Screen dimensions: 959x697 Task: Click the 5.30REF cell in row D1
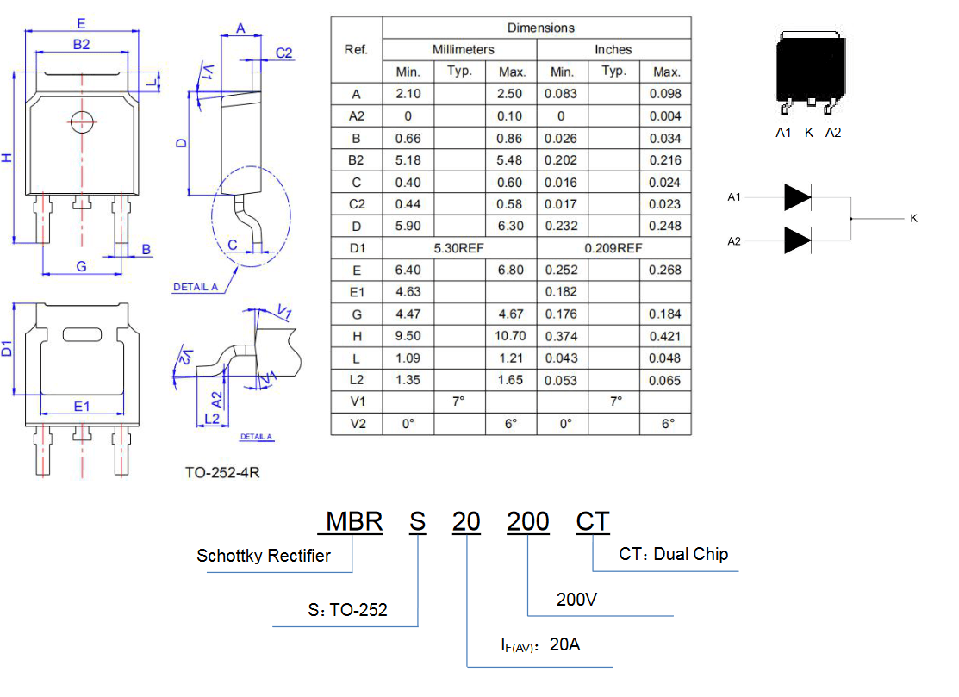tap(458, 248)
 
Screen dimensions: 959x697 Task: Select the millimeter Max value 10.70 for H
tap(510, 336)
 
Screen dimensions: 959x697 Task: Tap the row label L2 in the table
tap(357, 380)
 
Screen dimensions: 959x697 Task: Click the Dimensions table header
tap(540, 28)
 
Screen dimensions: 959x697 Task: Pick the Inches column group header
tap(613, 49)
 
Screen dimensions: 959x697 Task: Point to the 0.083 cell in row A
tap(561, 94)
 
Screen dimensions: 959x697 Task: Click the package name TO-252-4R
tap(222, 473)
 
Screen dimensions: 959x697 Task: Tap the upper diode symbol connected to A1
tap(798, 197)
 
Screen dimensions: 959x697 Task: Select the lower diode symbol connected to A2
tap(798, 240)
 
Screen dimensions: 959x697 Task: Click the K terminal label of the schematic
tap(913, 218)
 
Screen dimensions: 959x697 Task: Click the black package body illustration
tap(811, 68)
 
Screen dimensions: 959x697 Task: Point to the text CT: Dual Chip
tap(674, 554)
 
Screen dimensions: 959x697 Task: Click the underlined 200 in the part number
tap(528, 521)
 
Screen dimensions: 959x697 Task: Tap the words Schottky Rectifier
tap(264, 556)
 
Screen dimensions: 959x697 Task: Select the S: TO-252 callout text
tap(347, 610)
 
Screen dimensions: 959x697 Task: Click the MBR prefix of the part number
tap(354, 521)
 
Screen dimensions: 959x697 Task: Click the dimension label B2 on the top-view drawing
tap(81, 45)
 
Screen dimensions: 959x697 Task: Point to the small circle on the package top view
tap(82, 122)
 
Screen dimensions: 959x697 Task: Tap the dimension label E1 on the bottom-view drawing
tap(81, 407)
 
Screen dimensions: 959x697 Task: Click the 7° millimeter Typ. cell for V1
tap(458, 401)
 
